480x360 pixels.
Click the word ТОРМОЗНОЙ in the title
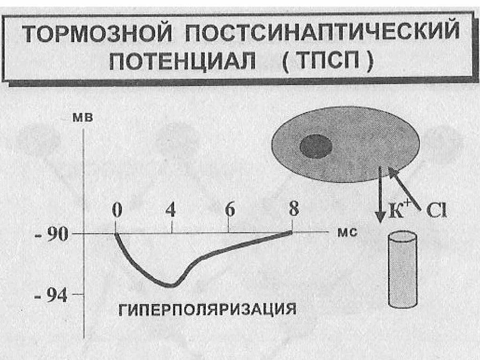click(96, 35)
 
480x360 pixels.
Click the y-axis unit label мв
click(82, 118)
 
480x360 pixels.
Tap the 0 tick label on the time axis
click(116, 210)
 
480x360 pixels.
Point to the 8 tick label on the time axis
click(293, 209)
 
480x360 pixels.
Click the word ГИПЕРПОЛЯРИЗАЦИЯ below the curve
click(207, 310)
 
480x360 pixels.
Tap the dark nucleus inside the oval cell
click(316, 146)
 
